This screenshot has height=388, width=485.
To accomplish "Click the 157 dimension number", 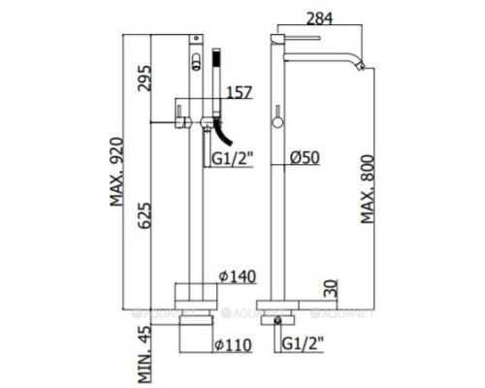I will (238, 93).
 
